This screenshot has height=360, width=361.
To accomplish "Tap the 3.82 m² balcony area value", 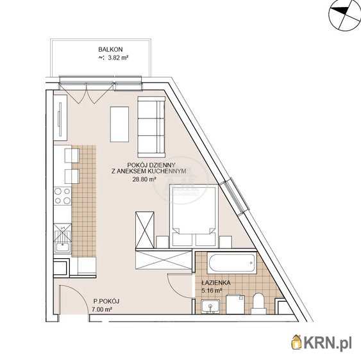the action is pyautogui.click(x=118, y=58).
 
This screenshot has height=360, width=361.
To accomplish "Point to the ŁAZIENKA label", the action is pyautogui.click(x=215, y=282).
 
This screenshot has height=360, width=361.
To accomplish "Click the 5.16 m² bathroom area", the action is pyautogui.click(x=212, y=291).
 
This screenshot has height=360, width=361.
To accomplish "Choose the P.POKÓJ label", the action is pyautogui.click(x=106, y=301).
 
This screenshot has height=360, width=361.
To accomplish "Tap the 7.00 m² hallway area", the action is pyautogui.click(x=102, y=309).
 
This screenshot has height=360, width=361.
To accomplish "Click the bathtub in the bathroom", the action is pyautogui.click(x=232, y=263).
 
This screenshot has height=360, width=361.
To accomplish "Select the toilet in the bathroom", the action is pyautogui.click(x=259, y=304).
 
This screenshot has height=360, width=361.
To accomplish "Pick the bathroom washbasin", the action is pyautogui.click(x=210, y=307).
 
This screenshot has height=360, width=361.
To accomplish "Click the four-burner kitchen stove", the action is pyautogui.click(x=62, y=196).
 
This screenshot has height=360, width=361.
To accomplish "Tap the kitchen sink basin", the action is pyautogui.click(x=62, y=247).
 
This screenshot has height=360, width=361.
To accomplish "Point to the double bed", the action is pyautogui.click(x=194, y=216).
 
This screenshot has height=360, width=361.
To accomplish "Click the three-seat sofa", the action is pyautogui.click(x=151, y=126).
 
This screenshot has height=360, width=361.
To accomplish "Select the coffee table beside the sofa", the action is pyautogui.click(x=119, y=124).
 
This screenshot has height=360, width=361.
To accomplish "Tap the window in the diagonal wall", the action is pyautogui.click(x=234, y=196).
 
